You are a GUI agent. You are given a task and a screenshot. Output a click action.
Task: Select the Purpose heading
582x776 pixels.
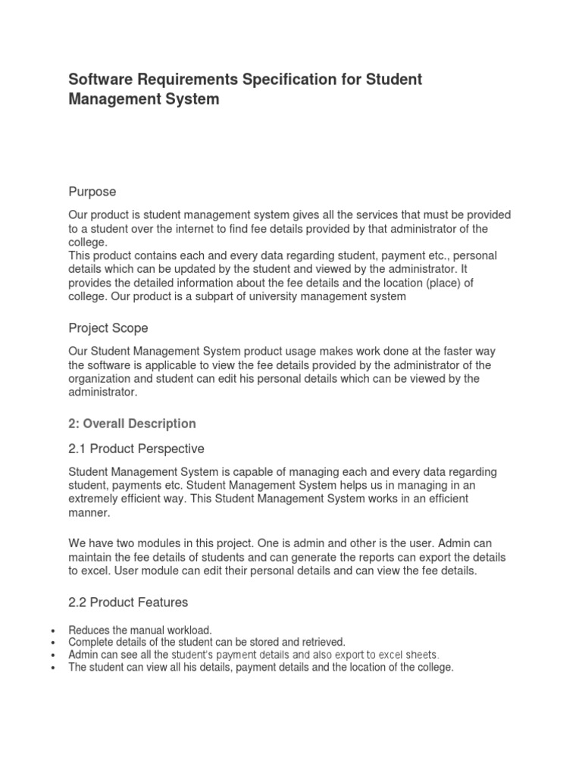(92, 192)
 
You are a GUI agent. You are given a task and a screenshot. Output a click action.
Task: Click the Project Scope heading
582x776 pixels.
(108, 328)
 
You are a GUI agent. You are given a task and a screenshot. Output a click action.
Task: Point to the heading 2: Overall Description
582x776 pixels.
(132, 424)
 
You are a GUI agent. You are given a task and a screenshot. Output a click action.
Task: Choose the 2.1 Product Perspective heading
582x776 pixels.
(136, 449)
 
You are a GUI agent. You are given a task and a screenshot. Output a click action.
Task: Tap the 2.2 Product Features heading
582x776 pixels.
(128, 602)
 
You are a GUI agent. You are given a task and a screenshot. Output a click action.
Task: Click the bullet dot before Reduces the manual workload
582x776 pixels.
(52, 630)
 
